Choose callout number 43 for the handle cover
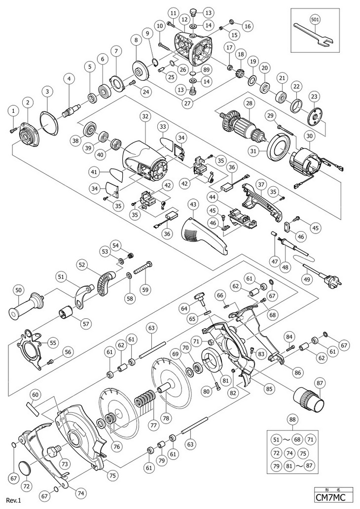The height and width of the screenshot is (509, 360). point(193,204)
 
